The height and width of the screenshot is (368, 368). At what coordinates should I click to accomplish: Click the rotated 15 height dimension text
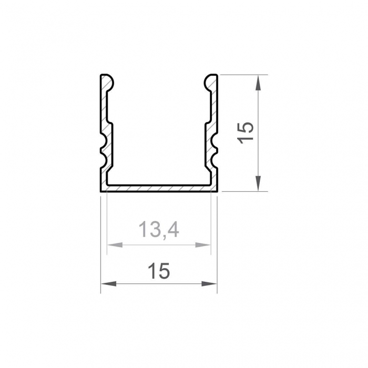pos(246,131)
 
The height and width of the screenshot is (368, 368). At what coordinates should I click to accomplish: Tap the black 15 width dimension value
pos(158,271)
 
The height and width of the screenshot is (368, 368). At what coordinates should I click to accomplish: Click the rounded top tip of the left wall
pos(107,78)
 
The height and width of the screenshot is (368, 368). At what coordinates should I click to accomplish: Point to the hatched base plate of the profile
pos(158,188)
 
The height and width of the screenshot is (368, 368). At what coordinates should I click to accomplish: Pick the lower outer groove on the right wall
pos(216,153)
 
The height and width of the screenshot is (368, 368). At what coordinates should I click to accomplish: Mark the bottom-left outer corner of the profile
pos(100,191)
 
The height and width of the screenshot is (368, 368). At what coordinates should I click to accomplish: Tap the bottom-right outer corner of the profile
pos(217,191)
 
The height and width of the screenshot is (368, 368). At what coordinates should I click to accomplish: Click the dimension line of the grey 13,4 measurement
pos(158,244)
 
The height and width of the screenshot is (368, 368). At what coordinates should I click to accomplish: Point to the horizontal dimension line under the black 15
pos(158,284)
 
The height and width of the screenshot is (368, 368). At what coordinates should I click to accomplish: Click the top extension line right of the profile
pos(242,75)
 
